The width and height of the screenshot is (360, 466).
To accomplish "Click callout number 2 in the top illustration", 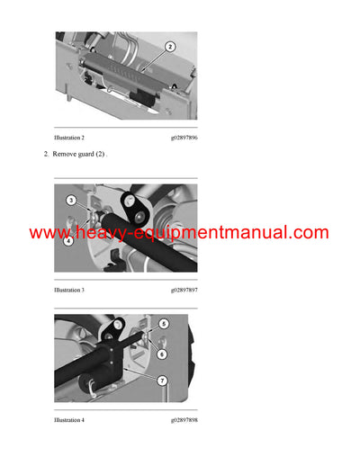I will tap(170, 46).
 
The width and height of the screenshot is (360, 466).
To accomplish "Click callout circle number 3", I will tap(72, 198).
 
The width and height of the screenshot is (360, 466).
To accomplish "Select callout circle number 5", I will tap(164, 324).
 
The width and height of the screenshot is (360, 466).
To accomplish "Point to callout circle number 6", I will tap(162, 354).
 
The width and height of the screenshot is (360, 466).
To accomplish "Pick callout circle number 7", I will tap(162, 381).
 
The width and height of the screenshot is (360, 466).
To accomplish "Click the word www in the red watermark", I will tap(49, 233).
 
